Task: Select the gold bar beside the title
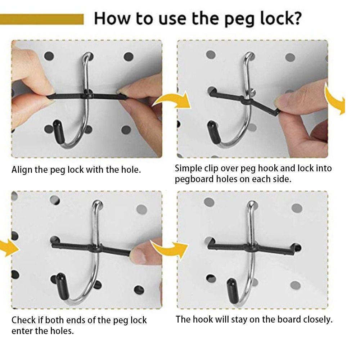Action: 42,19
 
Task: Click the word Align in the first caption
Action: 22,170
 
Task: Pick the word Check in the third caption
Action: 23,320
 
